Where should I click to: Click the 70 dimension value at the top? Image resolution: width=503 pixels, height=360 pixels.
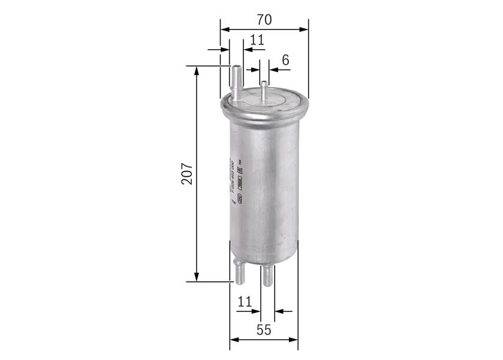click(x=264, y=19)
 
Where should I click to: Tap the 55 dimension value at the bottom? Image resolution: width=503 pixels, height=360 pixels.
click(x=264, y=329)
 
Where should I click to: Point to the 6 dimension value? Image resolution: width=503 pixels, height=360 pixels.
click(x=285, y=59)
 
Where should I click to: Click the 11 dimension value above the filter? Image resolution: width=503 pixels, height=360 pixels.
click(x=257, y=40)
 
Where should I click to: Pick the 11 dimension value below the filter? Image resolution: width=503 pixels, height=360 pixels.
click(x=244, y=302)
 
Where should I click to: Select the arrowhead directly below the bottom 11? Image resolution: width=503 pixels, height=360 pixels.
click(x=256, y=311)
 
